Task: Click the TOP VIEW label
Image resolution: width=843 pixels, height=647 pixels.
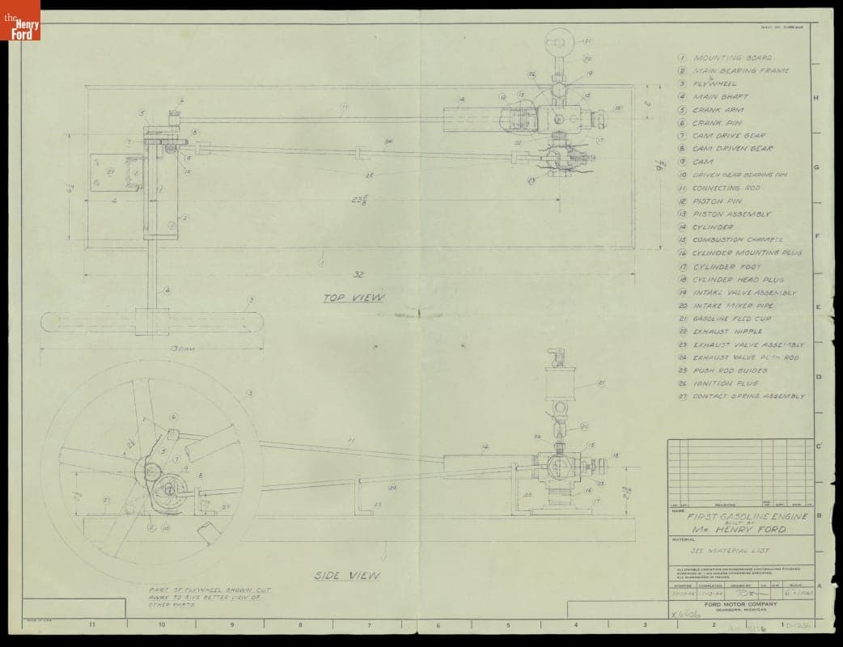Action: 354,298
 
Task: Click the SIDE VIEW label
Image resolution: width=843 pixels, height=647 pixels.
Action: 347,575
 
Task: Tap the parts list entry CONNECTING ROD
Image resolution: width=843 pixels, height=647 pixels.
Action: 726,188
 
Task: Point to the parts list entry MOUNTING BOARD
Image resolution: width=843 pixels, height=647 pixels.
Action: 732,58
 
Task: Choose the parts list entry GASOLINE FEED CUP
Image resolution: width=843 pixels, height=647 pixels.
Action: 731,319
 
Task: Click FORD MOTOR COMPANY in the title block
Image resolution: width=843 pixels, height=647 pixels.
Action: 739,605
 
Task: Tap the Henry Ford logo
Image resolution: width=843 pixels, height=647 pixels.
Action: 20,20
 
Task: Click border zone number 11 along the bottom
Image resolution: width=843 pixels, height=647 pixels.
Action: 92,625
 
